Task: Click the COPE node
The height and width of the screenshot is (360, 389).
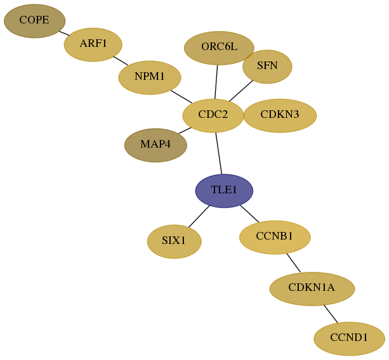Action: pos(34,21)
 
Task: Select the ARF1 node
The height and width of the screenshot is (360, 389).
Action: pos(93,44)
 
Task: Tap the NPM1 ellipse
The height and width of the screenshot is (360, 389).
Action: pos(150,77)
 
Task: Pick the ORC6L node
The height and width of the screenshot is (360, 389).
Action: pos(219,48)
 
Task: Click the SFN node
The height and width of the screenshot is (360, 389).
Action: pos(267,67)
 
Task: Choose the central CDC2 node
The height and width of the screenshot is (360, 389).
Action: pos(213,116)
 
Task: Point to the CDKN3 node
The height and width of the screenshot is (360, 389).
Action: pos(280,116)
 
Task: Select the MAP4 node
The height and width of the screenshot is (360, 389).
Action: pos(155,145)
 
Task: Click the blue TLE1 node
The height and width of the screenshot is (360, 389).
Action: pos(224,191)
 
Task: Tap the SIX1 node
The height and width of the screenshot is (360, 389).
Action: pos(174,241)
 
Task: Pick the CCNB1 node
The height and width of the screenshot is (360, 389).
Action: pos(275,237)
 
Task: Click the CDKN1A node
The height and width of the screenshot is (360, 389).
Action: pos(312,289)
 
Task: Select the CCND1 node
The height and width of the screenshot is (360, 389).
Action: pos(349,338)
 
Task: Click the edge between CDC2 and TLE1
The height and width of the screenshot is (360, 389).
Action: pos(219,153)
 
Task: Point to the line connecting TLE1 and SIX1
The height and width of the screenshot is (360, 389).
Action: pos(199,216)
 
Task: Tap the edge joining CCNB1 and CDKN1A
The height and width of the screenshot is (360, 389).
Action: pos(293,262)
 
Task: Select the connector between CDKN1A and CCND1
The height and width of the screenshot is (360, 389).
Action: pos(331,314)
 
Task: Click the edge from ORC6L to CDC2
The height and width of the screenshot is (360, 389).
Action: pos(216,82)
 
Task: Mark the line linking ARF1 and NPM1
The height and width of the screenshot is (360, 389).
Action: pos(121,61)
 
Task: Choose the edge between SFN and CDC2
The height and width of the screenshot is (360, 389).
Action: pos(241,91)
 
